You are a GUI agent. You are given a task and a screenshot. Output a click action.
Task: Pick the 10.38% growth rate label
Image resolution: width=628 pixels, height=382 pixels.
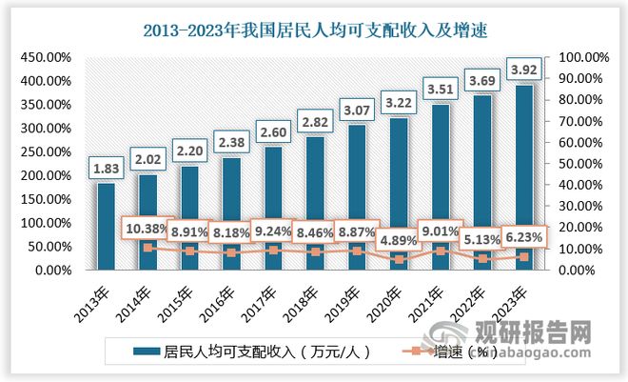[144, 228]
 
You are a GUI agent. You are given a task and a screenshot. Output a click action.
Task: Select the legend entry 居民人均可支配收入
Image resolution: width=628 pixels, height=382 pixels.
[247, 351]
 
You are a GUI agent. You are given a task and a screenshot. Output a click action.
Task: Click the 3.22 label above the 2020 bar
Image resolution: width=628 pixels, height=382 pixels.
[399, 100]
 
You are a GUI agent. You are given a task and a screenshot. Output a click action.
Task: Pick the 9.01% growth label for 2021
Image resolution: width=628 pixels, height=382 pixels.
[441, 230]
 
